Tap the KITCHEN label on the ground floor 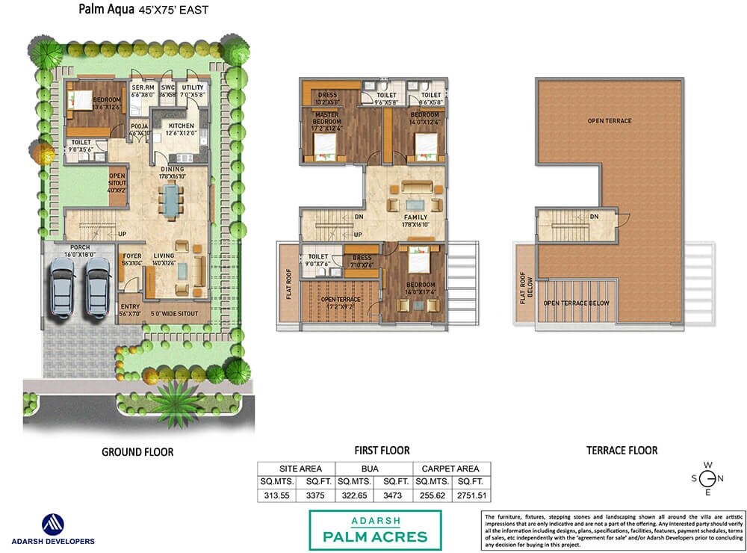[x=181, y=126]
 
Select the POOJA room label [x=140, y=127]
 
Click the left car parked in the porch [x=62, y=286]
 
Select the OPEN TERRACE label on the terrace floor [x=609, y=120]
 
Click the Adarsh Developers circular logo [x=52, y=523]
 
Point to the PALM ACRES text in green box [x=375, y=536]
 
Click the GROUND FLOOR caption [x=137, y=452]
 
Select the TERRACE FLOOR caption [x=622, y=451]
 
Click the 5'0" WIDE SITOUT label [x=174, y=313]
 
